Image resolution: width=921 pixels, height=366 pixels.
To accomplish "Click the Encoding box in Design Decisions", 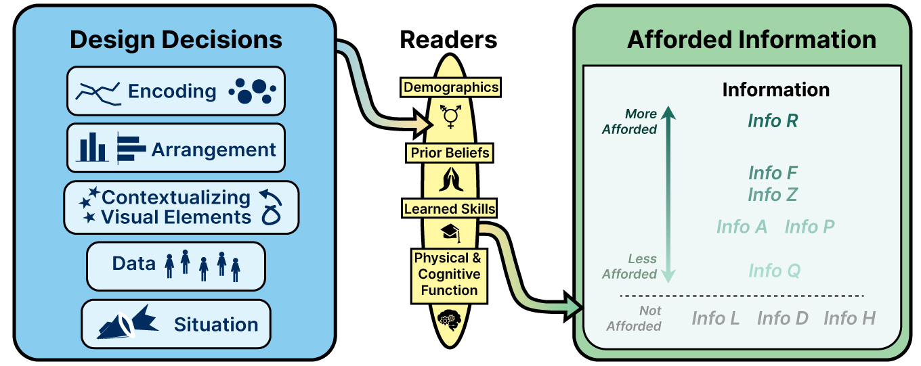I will (175, 91).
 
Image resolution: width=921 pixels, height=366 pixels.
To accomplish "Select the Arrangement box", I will (175, 148).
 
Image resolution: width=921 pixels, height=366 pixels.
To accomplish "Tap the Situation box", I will (175, 324).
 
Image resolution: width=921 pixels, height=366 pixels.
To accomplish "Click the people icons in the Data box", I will (202, 265).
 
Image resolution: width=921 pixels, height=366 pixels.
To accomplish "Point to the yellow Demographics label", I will (450, 87).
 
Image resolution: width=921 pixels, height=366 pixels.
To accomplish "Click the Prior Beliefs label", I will (450, 153).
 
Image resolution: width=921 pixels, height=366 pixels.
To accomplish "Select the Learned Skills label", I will (450, 208).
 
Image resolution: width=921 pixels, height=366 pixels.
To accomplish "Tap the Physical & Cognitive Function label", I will (450, 274).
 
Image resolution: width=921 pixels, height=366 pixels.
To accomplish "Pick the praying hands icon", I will (450, 179).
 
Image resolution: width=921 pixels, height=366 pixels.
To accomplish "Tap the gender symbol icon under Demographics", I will (450, 116).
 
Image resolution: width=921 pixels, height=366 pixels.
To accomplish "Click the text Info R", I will (773, 121).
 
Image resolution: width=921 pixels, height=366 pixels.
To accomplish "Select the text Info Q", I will (774, 271).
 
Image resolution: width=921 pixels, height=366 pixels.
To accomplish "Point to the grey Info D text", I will (782, 318).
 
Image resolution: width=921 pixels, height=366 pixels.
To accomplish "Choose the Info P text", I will (809, 227).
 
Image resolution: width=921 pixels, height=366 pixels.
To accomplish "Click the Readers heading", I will (448, 40).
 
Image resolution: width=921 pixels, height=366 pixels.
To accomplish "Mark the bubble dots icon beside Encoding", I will (252, 91).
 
